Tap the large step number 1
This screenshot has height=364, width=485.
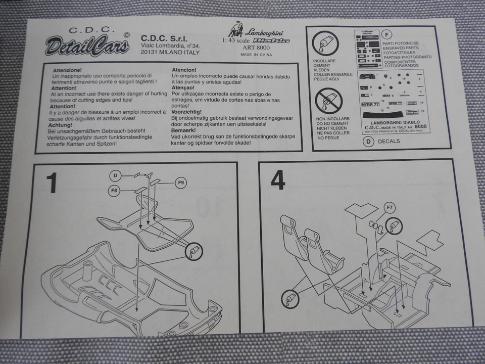tap(52, 183)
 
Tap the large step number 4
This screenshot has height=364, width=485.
tap(277, 180)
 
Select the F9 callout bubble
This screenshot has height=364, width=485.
tap(182, 182)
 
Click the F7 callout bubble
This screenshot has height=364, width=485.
tap(389, 207)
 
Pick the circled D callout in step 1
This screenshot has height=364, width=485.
tap(116, 175)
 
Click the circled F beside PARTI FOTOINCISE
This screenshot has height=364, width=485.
tap(386, 35)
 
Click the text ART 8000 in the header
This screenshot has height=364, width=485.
tap(257, 48)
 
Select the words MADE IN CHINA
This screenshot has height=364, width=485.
tap(256, 55)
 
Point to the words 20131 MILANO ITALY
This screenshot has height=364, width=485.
tap(170, 52)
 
